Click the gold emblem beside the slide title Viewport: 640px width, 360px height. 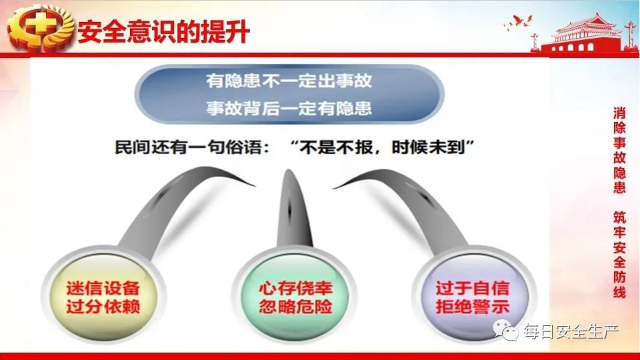coord(41,28)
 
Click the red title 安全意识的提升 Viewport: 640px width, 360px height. coord(164,31)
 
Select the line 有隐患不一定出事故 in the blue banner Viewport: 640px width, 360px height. coord(289,81)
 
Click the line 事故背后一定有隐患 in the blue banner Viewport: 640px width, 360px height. coord(289,108)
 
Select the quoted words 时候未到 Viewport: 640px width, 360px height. coord(429,147)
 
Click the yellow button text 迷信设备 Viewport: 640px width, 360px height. coord(103,289)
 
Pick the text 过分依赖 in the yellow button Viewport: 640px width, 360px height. coord(103,307)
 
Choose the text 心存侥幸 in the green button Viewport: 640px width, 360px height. coord(296,289)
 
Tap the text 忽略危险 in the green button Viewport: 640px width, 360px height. coord(296,307)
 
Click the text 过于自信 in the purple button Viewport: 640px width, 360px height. coord(473,289)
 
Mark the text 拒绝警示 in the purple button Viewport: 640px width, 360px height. coord(473,307)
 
